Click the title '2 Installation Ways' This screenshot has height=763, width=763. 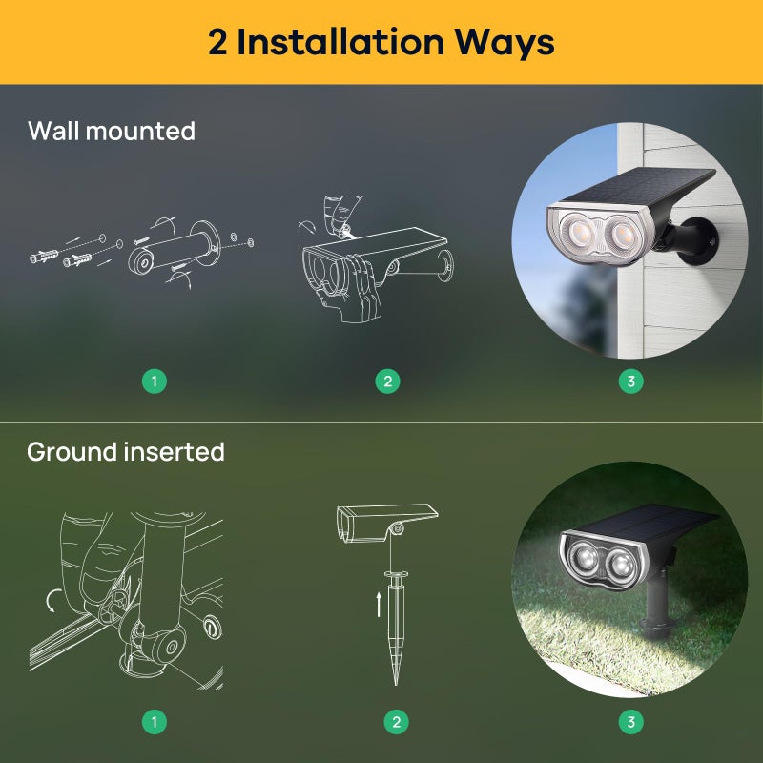click(x=381, y=42)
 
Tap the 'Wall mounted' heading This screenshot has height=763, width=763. click(x=111, y=131)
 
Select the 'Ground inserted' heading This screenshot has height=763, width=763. click(x=125, y=451)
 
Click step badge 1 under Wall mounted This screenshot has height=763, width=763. click(x=155, y=381)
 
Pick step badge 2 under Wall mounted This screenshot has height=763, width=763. click(x=386, y=381)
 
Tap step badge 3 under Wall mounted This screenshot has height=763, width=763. click(x=629, y=381)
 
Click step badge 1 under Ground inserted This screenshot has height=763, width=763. click(x=155, y=722)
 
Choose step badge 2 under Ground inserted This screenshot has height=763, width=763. click(x=396, y=722)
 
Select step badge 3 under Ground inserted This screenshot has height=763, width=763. click(x=629, y=722)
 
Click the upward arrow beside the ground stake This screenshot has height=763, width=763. click(x=379, y=603)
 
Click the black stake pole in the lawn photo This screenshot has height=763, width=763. click(x=658, y=610)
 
